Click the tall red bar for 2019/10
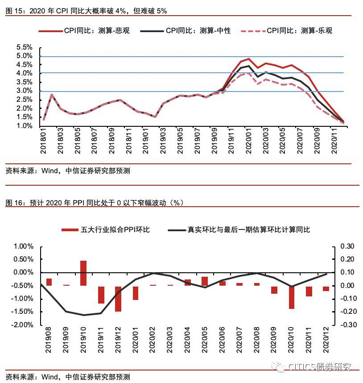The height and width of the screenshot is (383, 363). [83, 273]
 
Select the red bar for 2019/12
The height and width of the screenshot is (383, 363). [118, 299]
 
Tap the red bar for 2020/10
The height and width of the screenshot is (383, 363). [292, 297]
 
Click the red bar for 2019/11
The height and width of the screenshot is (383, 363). [101, 295]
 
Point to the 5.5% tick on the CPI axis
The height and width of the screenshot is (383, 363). [25, 47]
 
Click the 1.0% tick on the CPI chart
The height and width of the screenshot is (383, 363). [25, 126]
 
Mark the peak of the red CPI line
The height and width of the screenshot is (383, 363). [248, 59]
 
